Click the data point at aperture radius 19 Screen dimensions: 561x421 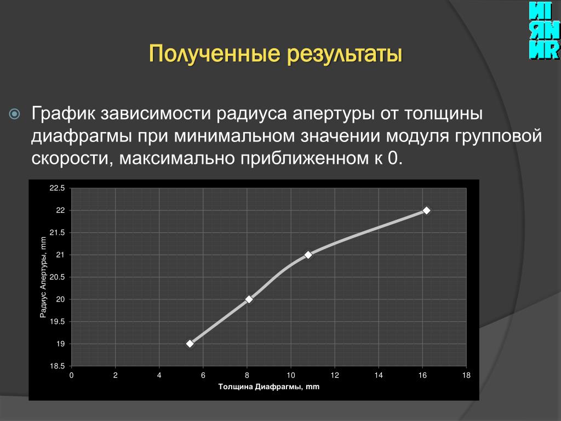coord(190,344)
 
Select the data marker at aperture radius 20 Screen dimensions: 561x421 coord(249,299)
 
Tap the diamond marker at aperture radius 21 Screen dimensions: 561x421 coord(308,255)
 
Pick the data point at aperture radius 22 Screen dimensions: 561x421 coord(426,210)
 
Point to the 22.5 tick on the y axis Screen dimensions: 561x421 coord(57,189)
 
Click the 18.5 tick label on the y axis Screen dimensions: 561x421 coord(57,366)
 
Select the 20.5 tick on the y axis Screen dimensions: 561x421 coord(57,277)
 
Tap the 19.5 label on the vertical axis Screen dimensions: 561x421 coord(57,321)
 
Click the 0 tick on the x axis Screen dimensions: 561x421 coord(72,375)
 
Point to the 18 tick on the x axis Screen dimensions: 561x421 coord(466,375)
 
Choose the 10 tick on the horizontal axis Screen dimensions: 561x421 coord(291,375)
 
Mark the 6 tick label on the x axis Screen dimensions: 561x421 coord(203,375)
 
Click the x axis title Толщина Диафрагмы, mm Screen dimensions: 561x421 coord(268,386)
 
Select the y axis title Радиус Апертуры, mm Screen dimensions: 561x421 coord(43,277)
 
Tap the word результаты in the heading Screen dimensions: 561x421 coord(345,54)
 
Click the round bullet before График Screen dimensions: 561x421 coord(14,114)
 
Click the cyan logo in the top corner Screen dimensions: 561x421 coord(544,31)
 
